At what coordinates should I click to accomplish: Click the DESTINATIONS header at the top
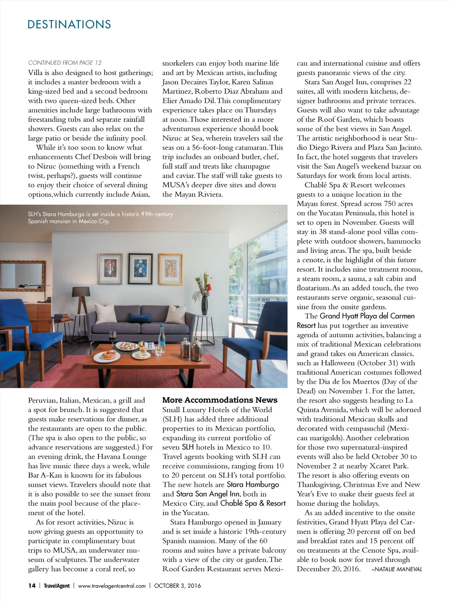click(69, 24)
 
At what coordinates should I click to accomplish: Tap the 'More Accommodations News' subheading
click(220, 400)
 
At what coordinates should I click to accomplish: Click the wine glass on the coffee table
click(112, 338)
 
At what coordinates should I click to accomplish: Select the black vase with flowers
click(204, 304)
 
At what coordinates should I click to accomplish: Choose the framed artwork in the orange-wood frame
click(170, 269)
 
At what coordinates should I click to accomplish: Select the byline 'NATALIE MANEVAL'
click(396, 569)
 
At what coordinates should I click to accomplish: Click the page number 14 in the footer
click(32, 586)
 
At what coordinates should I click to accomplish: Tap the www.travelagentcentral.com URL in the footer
click(112, 586)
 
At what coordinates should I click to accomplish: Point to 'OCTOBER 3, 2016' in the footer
click(178, 586)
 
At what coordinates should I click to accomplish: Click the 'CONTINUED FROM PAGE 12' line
click(65, 63)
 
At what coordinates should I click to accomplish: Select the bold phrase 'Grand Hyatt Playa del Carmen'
click(367, 316)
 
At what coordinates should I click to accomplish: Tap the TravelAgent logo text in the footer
click(57, 586)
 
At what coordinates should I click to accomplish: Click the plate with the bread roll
click(109, 355)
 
